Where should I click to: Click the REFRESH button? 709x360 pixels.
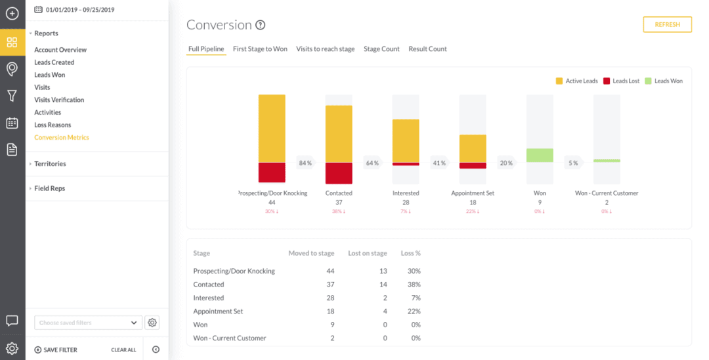coord(667,24)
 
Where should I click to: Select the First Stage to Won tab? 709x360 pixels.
coord(260,49)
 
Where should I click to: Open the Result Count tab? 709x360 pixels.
coord(427,49)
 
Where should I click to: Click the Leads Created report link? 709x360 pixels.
coord(54,62)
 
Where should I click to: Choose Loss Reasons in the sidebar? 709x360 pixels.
coord(53,125)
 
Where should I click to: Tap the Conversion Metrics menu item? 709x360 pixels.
coord(62,137)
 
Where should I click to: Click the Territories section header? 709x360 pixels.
coord(50,164)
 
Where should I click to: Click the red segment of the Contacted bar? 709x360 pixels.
coord(339,173)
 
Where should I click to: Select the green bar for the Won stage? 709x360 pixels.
coord(540,155)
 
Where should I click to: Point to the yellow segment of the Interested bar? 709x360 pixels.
coord(406,141)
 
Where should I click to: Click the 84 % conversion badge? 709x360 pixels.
coord(305,163)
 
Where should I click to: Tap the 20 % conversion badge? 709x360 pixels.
coord(506,163)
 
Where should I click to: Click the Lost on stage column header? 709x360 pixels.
coord(368,253)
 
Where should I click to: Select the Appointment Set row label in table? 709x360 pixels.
coord(219,311)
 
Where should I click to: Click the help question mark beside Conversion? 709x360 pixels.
coord(261,25)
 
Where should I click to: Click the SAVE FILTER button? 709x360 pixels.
coord(56,350)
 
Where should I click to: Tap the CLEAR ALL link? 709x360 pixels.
coord(123,350)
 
